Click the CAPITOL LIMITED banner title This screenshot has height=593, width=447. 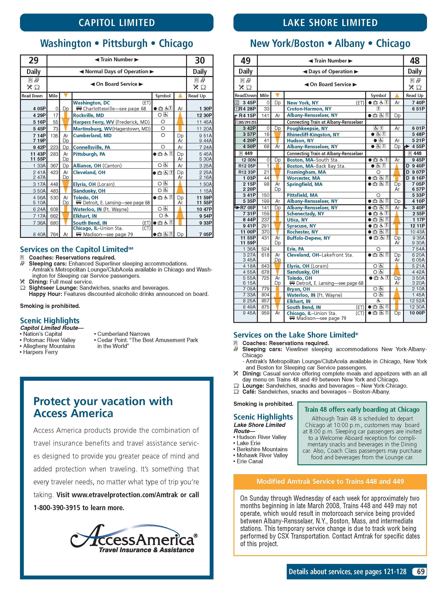click(x=117, y=23)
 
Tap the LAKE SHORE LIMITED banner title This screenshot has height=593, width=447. click(x=330, y=23)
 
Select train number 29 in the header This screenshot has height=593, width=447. click(x=33, y=61)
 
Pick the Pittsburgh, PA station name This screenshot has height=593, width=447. click(x=89, y=154)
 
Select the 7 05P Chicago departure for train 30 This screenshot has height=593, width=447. click(x=206, y=234)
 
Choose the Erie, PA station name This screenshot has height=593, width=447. click(x=295, y=249)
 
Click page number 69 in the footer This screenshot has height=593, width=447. click(x=420, y=572)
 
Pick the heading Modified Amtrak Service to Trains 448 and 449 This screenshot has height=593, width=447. click(x=330, y=481)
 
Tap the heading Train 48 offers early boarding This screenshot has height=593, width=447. click(x=362, y=410)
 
